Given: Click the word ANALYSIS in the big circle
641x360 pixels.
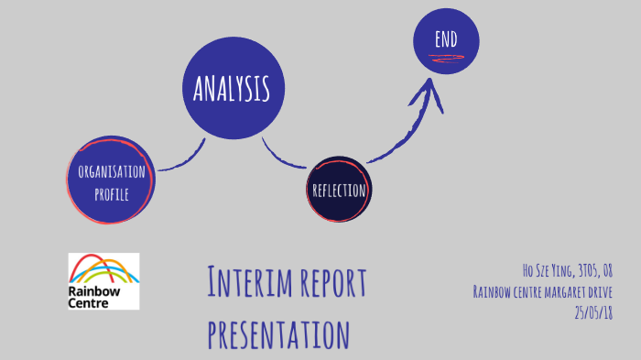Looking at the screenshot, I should point(232,89).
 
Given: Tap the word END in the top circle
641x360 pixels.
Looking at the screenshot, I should point(446,39).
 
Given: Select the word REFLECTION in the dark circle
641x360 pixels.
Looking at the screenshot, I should point(339,191).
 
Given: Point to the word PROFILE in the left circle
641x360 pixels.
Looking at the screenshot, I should point(110,193).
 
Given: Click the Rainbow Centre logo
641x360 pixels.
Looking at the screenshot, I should point(103,280).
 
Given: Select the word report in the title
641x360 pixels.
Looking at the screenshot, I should point(331,283).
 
